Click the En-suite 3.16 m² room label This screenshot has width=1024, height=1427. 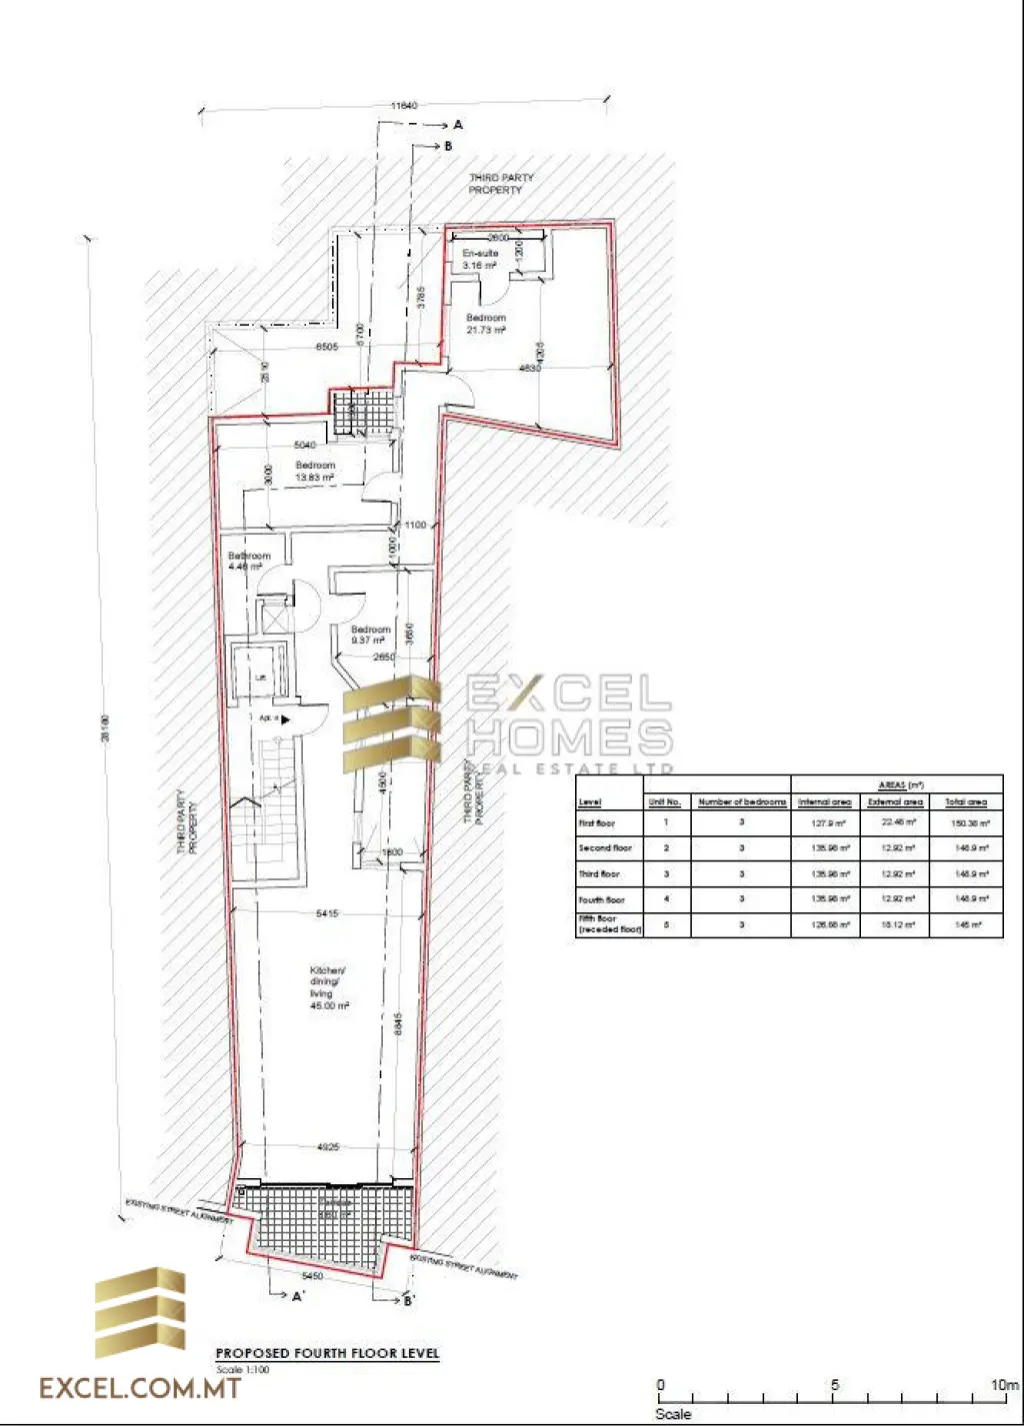480,260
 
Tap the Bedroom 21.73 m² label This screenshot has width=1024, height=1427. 486,324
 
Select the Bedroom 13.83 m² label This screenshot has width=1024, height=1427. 315,472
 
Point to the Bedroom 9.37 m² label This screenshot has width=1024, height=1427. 370,636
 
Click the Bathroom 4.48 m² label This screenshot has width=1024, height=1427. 249,561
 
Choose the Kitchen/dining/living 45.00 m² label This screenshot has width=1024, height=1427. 328,988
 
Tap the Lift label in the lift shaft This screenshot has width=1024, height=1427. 260,678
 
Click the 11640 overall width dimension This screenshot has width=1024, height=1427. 404,105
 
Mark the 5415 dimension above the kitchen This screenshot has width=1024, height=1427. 327,913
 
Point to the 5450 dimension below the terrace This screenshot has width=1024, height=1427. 312,1276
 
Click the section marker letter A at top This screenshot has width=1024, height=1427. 458,125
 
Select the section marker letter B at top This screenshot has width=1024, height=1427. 448,146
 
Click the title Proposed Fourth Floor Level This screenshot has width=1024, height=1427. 327,1353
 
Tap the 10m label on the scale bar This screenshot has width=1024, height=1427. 1004,1385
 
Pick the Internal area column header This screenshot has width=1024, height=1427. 825,802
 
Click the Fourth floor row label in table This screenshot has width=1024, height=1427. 601,900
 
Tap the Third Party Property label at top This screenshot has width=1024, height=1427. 501,183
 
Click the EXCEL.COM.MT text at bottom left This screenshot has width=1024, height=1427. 140,1388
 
